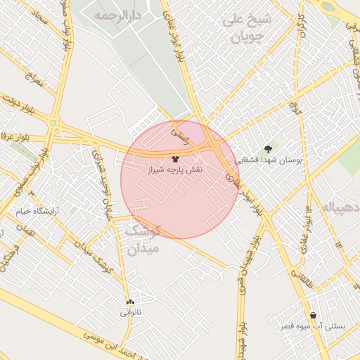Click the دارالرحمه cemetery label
[x=117, y=15]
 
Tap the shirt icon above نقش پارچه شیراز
[x=175, y=159]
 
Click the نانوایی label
[x=131, y=311]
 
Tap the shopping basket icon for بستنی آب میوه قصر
[x=312, y=316]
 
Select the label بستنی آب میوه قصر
[x=312, y=326]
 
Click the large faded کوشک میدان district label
[x=144, y=239]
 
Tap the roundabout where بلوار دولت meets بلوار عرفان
[x=53, y=124]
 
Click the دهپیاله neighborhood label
[x=341, y=208]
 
